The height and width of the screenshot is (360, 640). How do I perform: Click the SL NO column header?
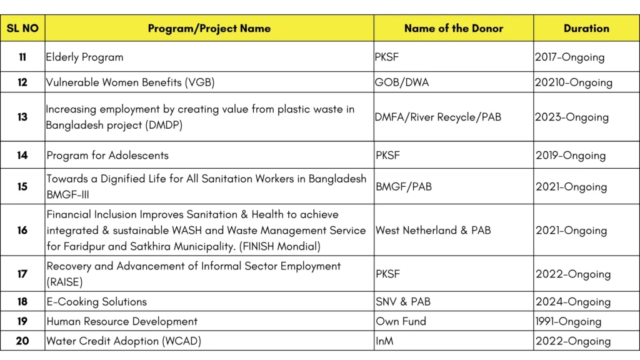point(22,28)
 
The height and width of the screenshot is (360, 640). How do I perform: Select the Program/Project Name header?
point(209,28)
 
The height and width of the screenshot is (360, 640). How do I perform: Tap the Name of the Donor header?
point(453,28)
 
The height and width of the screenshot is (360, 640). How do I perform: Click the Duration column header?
point(586,28)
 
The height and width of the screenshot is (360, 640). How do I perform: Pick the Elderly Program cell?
point(85,57)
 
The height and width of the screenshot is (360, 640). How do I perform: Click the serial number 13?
point(22,117)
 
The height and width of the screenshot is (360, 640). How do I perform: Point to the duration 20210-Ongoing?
point(573,82)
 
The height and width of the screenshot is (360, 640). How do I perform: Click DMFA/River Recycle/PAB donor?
point(438,117)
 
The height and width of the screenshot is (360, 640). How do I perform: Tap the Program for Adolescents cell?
point(107,155)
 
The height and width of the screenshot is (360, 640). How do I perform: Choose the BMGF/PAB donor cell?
point(404,187)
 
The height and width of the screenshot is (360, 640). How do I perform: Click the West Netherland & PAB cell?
point(433,230)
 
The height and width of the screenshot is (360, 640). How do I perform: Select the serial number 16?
point(22,230)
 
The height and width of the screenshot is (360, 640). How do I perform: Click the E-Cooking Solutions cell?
point(97,301)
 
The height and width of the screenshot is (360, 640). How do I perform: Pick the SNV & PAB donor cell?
point(403,301)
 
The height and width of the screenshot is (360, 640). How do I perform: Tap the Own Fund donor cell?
point(401,321)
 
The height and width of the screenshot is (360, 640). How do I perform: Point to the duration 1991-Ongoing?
point(568,321)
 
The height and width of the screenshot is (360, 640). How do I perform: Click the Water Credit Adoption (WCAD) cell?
point(124,341)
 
